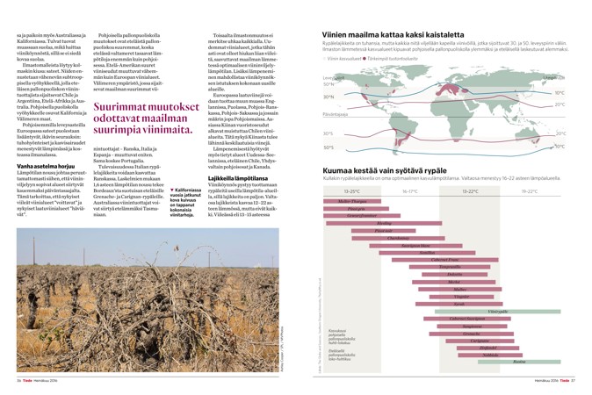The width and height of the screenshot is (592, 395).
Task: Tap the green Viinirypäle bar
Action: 497,311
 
